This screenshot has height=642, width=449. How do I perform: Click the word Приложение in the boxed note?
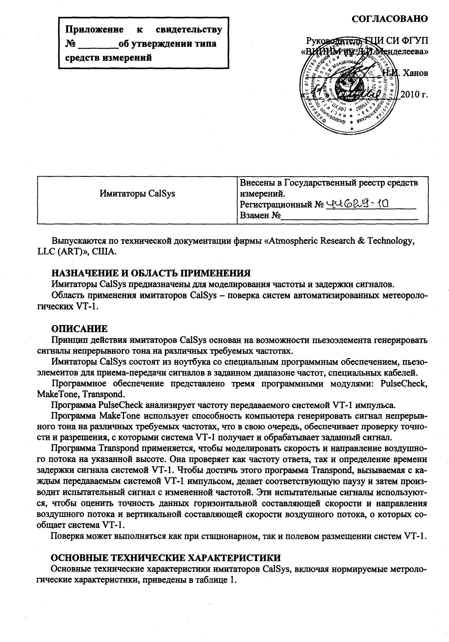pos(95,30)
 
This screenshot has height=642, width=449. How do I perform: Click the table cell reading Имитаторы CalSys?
pos(137,193)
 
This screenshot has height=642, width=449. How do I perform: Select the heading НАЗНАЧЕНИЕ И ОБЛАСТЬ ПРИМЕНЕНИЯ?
pos(150,273)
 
